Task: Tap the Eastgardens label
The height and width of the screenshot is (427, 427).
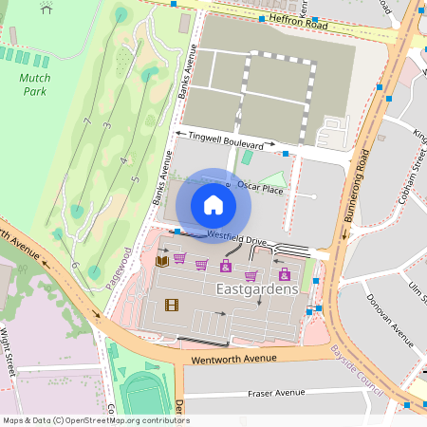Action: (257, 288)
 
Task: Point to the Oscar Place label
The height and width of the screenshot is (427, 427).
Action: (260, 189)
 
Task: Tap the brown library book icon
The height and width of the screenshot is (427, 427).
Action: (161, 260)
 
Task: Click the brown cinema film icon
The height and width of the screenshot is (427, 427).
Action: (171, 304)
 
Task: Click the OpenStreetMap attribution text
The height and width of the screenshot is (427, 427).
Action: (95, 419)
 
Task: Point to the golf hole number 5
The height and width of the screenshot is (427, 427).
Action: (136, 178)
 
